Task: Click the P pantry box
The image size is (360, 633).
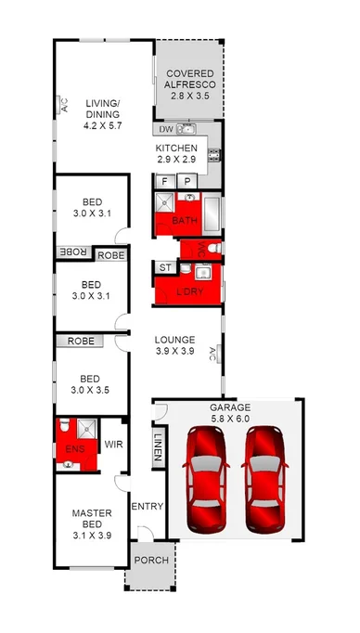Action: coord(186,182)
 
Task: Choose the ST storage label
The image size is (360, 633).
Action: coord(166,267)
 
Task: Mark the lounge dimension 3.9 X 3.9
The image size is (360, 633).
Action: coord(174,352)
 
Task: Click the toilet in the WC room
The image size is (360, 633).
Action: coord(212,249)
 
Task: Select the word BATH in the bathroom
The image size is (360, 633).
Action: coord(185,220)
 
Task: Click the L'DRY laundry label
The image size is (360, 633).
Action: coord(189,291)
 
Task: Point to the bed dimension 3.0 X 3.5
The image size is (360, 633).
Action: coord(91,390)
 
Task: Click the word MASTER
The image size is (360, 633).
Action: coord(91,511)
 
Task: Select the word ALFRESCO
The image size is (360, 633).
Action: coord(189,84)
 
